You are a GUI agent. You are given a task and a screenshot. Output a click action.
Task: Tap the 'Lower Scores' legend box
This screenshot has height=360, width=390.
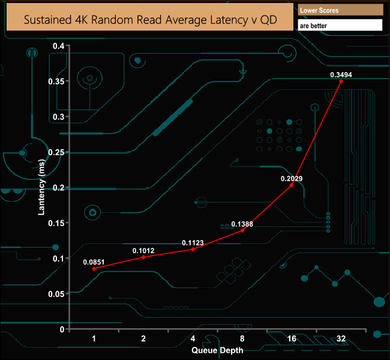pos(340,10)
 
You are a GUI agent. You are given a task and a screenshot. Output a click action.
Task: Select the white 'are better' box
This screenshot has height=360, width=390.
pos(340,25)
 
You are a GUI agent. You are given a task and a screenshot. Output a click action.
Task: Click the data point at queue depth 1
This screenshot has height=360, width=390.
pos(94,269)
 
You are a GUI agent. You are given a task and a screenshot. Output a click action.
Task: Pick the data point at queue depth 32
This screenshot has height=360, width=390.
pos(341,81)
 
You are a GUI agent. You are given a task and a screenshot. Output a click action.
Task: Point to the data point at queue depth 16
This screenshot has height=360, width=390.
pos(292,185)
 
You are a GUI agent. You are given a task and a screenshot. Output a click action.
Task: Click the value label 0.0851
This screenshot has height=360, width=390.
pos(94,261)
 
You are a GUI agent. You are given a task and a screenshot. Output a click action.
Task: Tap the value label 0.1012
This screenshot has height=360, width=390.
pos(143,250)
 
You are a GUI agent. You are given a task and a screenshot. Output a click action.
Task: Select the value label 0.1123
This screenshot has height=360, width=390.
pos(193,243)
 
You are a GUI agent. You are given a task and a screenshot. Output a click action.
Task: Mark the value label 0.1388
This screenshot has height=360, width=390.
pos(242,224)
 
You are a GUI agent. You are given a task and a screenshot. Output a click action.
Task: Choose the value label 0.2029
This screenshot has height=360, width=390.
pos(292,178)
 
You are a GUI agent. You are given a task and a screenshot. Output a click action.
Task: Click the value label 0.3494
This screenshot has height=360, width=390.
pos(341,74)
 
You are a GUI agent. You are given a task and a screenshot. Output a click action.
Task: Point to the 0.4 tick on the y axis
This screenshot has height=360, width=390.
pos(58,46)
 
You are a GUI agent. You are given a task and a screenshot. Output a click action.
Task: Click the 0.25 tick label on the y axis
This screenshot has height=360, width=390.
pos(56,152)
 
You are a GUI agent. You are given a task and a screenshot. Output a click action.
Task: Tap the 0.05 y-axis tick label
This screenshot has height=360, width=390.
pos(56,293)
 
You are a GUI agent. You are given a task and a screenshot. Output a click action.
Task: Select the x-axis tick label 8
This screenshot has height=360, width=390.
pos(242,339)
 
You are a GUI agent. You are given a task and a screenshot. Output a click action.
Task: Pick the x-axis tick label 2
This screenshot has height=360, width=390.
pos(143,339)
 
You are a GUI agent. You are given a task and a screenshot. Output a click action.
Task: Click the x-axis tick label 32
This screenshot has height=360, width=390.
pos(341,339)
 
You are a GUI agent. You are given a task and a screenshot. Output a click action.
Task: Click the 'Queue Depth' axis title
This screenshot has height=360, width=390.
pos(217,350)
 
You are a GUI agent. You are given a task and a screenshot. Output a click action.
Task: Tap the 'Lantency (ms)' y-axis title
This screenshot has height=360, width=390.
pos(42,187)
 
